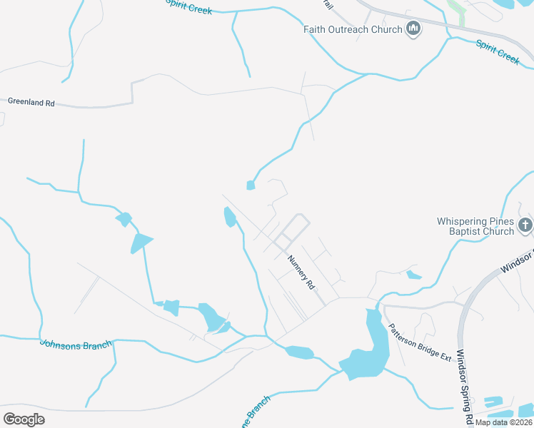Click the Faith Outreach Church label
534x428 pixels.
pos(353,29)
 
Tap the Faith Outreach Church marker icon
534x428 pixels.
pos(413,29)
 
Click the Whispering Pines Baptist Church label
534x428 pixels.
pos(475,226)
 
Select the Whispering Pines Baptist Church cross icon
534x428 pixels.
pos(525,226)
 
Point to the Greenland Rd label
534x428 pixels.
pos(31,103)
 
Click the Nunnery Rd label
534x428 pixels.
pos(301,272)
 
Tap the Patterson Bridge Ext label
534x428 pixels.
pos(420,342)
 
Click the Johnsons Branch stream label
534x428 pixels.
pos(76,345)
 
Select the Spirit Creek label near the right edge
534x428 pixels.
pos(498,52)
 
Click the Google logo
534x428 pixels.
pos(24,419)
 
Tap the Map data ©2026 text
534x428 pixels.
pos(503,422)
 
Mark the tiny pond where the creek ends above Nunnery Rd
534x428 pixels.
pos(251,185)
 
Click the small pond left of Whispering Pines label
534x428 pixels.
pos(413,274)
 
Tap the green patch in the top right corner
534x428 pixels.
pos(455,10)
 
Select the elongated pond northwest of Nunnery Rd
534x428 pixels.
pos(229,216)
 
